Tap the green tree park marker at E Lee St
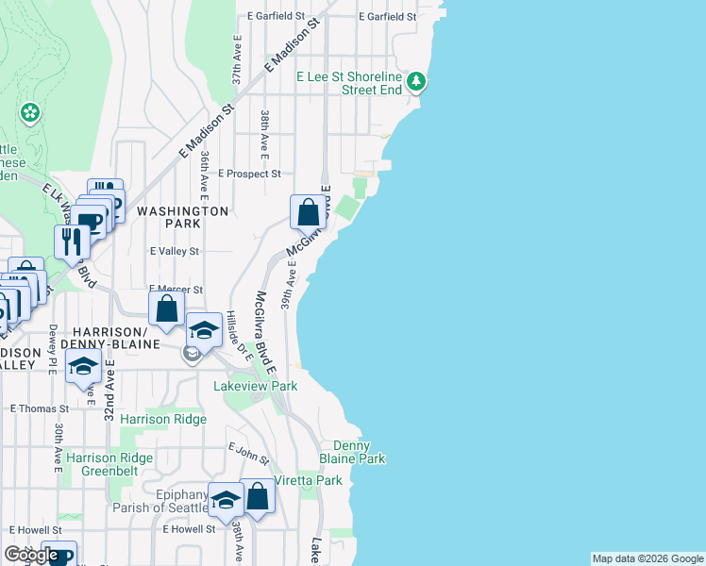pos(417,83)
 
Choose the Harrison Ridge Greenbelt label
pos(109,464)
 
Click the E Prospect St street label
pos(250,174)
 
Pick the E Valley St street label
pos(175,252)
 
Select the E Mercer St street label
pos(176,290)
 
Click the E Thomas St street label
pos(39,409)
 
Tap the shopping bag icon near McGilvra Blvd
pos(308,211)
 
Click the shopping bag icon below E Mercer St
pos(166,308)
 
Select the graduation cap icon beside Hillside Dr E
pos(203,330)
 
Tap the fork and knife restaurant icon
pos(72,242)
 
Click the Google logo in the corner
pos(31,556)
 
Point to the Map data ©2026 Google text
pos(647,558)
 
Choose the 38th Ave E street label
pos(266,131)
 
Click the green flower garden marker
pos(30,113)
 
